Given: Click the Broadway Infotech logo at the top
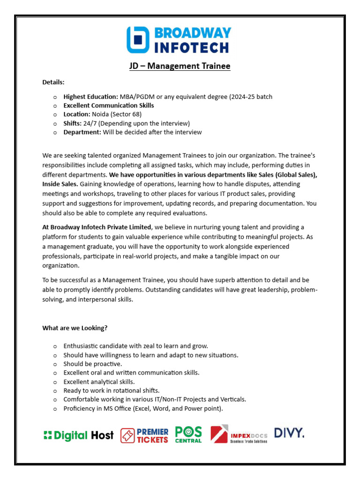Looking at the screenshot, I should (179, 40).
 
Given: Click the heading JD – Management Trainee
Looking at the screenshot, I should (180, 66).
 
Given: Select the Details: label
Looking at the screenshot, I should (53, 82).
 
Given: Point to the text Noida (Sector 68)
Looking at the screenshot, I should (117, 114).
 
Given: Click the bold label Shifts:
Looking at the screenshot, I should (72, 123).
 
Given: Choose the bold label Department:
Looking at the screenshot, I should (82, 132).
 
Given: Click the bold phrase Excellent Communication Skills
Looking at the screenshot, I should (109, 105).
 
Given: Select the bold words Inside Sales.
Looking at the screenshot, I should (60, 184).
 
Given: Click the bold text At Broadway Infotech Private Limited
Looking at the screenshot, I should (97, 227).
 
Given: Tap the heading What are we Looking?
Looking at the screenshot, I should (75, 328).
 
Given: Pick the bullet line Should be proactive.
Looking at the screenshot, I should (93, 364).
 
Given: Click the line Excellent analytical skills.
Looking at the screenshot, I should (99, 382).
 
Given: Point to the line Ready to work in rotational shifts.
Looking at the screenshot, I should (112, 390).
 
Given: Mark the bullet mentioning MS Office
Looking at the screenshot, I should (143, 408).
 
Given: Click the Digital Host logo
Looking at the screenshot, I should (78, 435).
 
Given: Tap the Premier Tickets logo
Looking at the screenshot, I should (144, 435).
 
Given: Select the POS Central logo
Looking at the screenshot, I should (188, 435).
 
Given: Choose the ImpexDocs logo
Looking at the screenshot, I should (239, 435).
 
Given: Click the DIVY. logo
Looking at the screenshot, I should (289, 433).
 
